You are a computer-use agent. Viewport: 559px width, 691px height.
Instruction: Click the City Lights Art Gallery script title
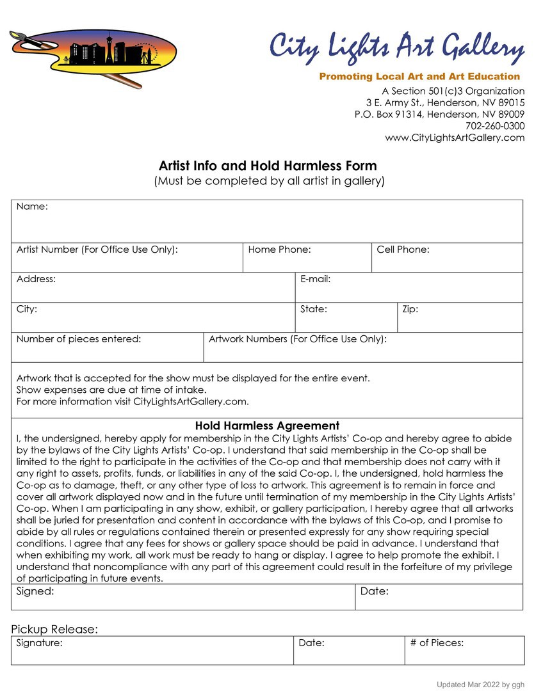pyautogui.click(x=396, y=49)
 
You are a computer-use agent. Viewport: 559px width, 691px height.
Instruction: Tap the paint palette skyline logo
pyautogui.click(x=93, y=55)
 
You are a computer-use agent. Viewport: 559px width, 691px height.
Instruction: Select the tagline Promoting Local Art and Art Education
pyautogui.click(x=419, y=77)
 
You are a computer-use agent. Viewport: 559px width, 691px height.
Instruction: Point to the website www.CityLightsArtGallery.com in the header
pyautogui.click(x=455, y=138)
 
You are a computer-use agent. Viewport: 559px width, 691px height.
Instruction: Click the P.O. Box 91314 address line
pyautogui.click(x=439, y=115)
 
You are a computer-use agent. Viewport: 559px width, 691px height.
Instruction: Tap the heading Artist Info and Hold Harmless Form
pyautogui.click(x=268, y=166)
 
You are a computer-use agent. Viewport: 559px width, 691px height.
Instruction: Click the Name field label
pyautogui.click(x=32, y=206)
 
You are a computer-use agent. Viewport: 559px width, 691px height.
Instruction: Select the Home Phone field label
pyautogui.click(x=279, y=250)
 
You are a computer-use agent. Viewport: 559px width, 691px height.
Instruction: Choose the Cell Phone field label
pyautogui.click(x=403, y=250)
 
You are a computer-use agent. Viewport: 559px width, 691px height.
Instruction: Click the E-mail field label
pyautogui.click(x=315, y=279)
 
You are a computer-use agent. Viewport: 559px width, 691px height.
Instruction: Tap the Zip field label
pyautogui.click(x=410, y=309)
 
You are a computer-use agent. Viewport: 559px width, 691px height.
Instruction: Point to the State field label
pyautogui.click(x=314, y=309)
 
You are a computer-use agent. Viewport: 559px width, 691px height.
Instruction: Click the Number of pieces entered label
pyautogui.click(x=79, y=339)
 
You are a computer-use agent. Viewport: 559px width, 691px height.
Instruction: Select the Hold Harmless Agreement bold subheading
pyautogui.click(x=267, y=425)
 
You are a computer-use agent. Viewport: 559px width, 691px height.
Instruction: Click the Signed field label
pyautogui.click(x=35, y=591)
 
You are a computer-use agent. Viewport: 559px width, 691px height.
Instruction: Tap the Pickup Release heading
pyautogui.click(x=54, y=630)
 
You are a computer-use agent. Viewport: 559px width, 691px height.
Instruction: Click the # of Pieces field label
pyautogui.click(x=437, y=643)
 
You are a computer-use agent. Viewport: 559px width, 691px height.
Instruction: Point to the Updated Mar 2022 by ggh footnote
pyautogui.click(x=480, y=685)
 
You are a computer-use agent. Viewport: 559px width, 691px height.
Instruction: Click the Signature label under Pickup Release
pyautogui.click(x=39, y=643)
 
